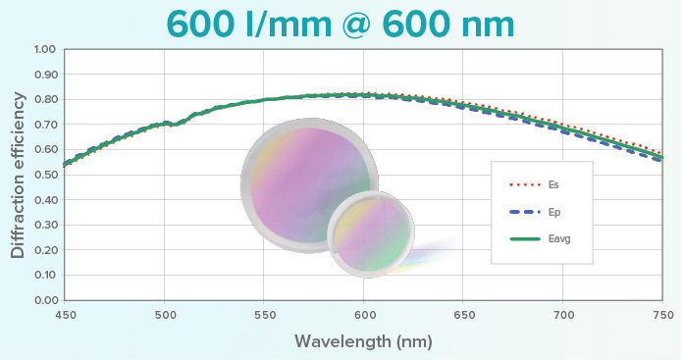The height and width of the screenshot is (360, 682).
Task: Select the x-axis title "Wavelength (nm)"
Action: pyautogui.click(x=362, y=341)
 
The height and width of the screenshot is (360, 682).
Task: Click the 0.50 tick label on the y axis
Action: pyautogui.click(x=45, y=175)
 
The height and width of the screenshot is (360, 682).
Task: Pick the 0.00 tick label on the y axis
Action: pyautogui.click(x=45, y=300)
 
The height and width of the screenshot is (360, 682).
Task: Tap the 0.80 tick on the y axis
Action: pyautogui.click(x=45, y=99)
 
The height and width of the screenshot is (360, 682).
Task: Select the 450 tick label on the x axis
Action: pyautogui.click(x=64, y=314)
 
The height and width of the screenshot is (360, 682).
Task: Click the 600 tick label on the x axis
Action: pyautogui.click(x=363, y=314)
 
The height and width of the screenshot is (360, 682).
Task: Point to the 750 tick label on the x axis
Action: pyautogui.click(x=662, y=314)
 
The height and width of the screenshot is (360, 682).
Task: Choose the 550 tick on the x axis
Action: pyautogui.click(x=263, y=314)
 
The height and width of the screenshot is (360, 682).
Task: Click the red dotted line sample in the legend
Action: pyautogui.click(x=524, y=183)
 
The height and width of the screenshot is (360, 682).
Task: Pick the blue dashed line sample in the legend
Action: pyautogui.click(x=524, y=211)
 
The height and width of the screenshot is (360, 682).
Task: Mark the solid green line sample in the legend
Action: pyautogui.click(x=524, y=238)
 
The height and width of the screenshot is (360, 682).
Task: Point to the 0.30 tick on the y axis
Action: pyautogui.click(x=45, y=225)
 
